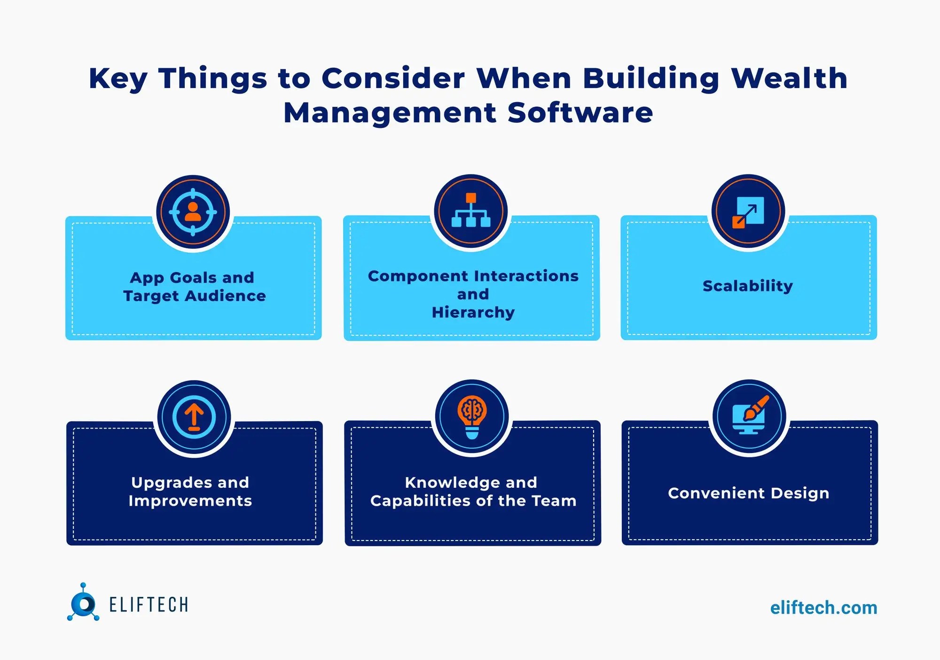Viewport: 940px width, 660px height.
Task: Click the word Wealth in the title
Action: click(789, 78)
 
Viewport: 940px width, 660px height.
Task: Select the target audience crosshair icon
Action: click(193, 212)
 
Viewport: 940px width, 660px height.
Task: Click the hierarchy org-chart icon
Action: click(471, 211)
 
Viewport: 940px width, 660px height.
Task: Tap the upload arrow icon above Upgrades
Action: click(194, 417)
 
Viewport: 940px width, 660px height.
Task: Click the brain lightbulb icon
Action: click(472, 416)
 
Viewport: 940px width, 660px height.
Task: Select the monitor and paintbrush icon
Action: click(749, 415)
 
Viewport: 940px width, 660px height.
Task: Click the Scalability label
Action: click(748, 286)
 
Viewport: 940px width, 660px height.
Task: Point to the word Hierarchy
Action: click(473, 312)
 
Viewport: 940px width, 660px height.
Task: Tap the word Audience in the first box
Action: click(225, 296)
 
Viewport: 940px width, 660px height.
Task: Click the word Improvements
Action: click(190, 501)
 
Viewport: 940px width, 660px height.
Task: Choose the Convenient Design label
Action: click(748, 493)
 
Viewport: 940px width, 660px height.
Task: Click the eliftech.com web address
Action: click(823, 608)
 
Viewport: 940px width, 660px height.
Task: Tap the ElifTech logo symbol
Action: click(83, 603)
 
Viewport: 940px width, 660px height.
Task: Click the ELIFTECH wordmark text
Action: click(149, 605)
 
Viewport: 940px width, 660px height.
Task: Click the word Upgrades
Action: click(171, 483)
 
